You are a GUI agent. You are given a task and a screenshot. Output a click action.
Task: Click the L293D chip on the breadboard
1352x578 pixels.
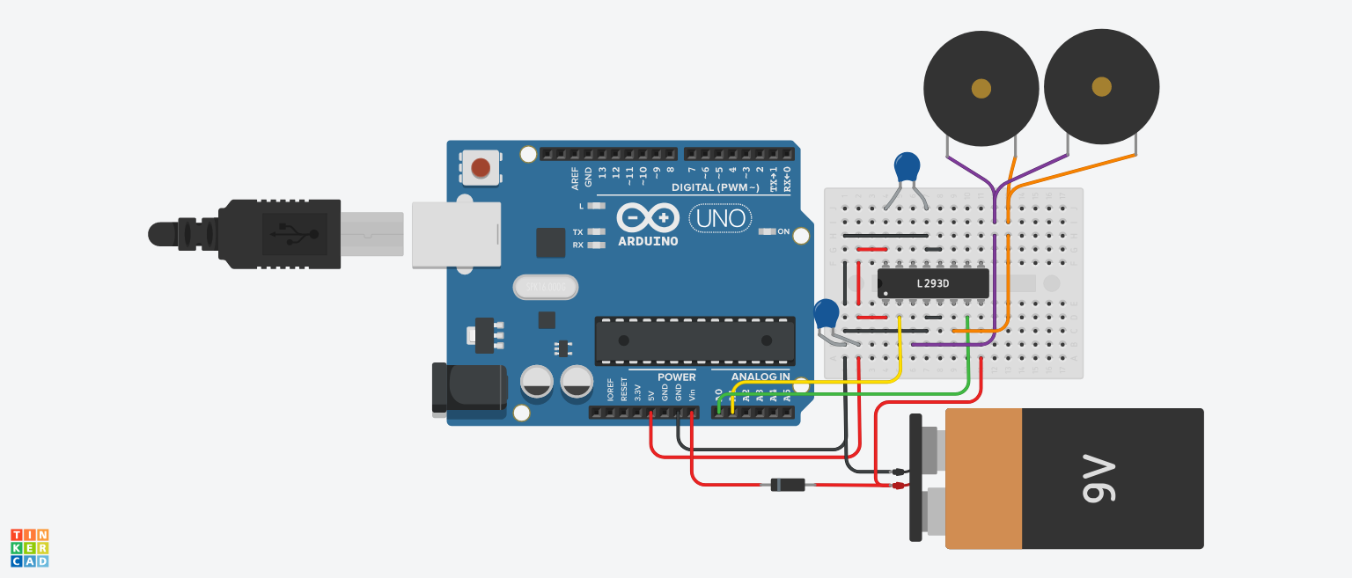pyautogui.click(x=933, y=283)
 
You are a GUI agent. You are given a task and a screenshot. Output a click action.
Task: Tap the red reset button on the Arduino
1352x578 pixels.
pyautogui.click(x=481, y=167)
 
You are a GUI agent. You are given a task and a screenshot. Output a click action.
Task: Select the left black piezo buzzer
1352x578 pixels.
pyautogui.click(x=981, y=89)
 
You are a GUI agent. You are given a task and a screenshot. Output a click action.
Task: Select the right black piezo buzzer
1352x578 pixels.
pyautogui.click(x=1101, y=87)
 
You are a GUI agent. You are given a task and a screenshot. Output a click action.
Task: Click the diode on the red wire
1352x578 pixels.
pyautogui.click(x=787, y=485)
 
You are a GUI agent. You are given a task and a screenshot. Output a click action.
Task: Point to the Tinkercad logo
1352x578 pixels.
pyautogui.click(x=29, y=547)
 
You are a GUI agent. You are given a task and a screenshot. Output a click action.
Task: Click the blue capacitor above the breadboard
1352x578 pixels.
pyautogui.click(x=907, y=167)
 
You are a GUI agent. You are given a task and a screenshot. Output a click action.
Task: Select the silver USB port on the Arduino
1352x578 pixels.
pyautogui.click(x=456, y=234)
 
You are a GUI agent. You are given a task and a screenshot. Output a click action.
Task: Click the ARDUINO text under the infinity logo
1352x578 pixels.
pyautogui.click(x=648, y=241)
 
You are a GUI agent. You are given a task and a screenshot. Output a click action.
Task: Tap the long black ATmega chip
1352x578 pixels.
pyautogui.click(x=694, y=340)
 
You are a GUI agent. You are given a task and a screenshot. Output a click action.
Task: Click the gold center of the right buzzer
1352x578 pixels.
pyautogui.click(x=1101, y=86)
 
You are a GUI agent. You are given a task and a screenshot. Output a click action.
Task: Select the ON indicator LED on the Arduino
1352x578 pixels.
pyautogui.click(x=767, y=231)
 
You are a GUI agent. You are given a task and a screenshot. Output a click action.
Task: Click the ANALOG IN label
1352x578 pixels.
pyautogui.click(x=761, y=377)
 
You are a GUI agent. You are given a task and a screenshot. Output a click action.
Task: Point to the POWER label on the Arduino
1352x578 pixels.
pyautogui.click(x=676, y=377)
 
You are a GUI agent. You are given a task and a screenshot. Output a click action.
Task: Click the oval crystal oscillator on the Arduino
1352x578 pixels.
pyautogui.click(x=545, y=287)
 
